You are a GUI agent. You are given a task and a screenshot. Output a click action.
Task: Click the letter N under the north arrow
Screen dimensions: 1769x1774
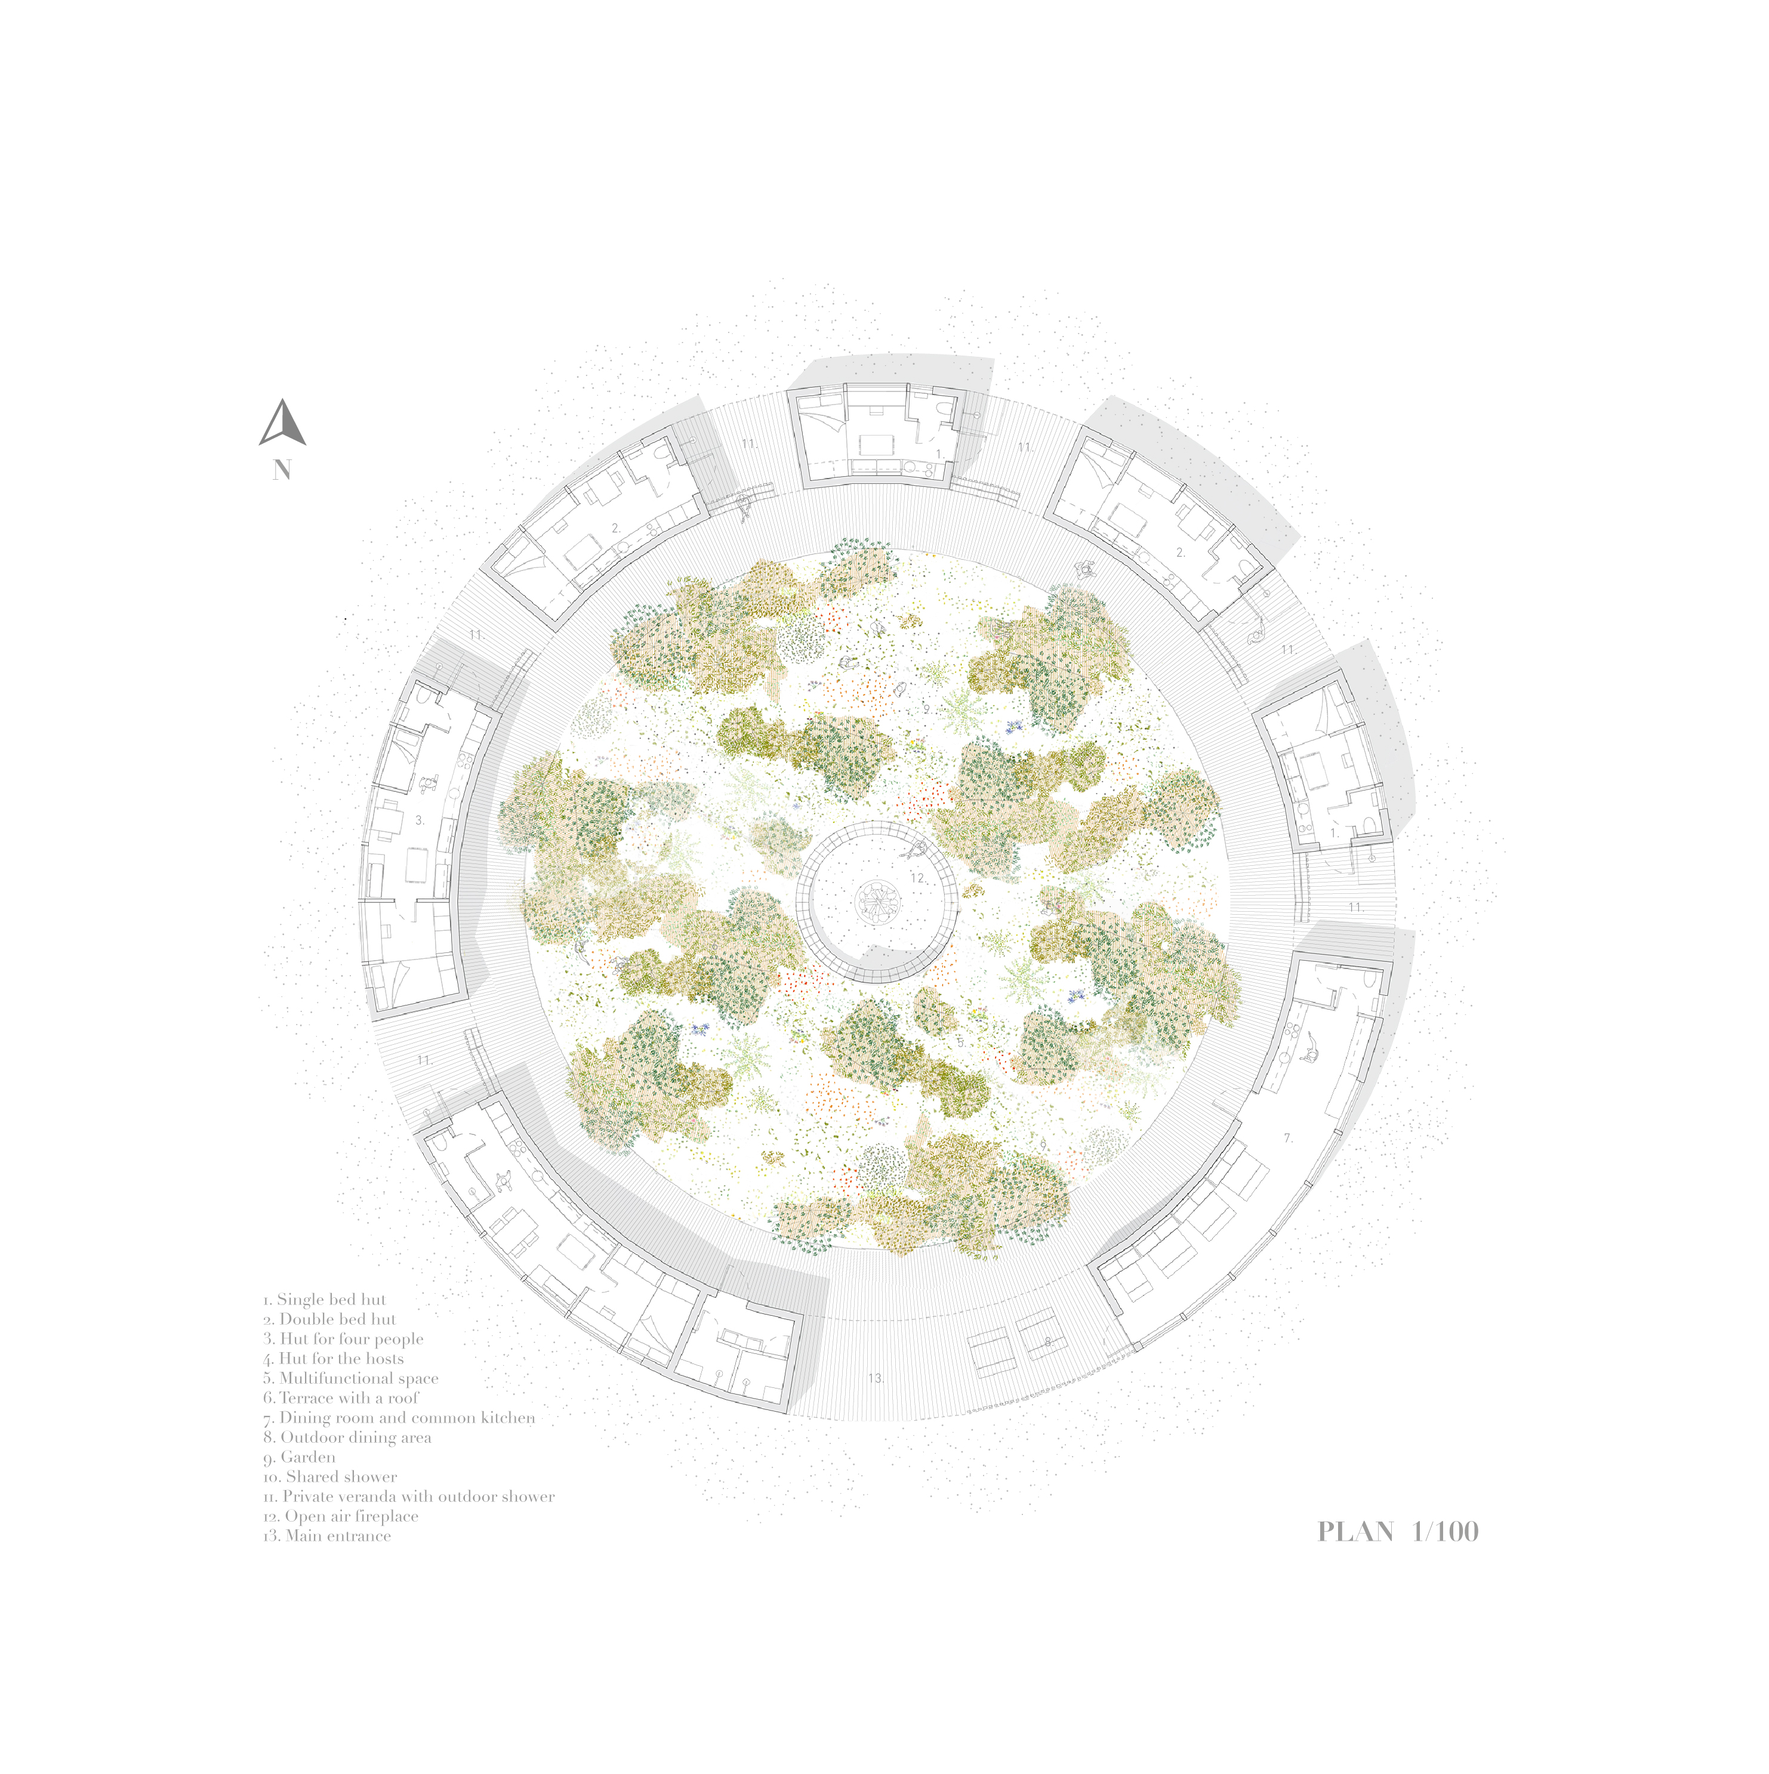[282, 470]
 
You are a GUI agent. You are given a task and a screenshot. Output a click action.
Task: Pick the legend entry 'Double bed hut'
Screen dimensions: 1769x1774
[329, 1319]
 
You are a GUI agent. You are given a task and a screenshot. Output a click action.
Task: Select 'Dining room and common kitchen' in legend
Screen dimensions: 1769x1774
[399, 1418]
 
